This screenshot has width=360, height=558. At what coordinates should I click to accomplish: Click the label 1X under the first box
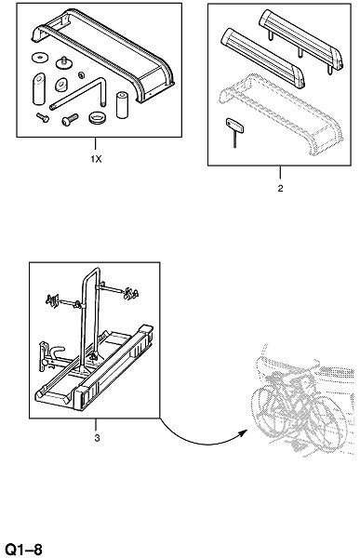[x=96, y=159]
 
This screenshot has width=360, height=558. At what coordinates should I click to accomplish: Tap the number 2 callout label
[x=280, y=189]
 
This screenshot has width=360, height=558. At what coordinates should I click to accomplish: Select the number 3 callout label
[x=97, y=438]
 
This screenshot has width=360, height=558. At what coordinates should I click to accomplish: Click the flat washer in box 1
[x=40, y=57]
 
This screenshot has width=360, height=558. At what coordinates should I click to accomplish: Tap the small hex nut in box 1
[x=81, y=74]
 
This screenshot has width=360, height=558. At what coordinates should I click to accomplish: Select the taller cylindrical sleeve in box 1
[x=39, y=89]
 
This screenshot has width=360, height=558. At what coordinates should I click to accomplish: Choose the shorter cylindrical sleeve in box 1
[x=122, y=104]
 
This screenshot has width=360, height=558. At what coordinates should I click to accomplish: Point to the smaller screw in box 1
[x=43, y=117]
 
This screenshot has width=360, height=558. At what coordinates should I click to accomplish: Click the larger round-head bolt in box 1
[x=70, y=119]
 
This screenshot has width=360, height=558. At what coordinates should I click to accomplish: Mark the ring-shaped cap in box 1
[x=96, y=117]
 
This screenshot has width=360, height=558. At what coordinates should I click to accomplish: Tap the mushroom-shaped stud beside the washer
[x=64, y=63]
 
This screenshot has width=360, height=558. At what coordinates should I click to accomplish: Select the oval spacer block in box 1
[x=61, y=85]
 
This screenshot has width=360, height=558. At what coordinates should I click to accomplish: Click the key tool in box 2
[x=233, y=132]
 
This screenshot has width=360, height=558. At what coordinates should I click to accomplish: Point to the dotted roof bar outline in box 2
[x=281, y=113]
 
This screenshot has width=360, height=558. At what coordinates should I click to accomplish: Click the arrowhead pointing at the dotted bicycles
[x=243, y=433]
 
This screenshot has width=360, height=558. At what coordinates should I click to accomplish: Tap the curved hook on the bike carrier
[x=58, y=352]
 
